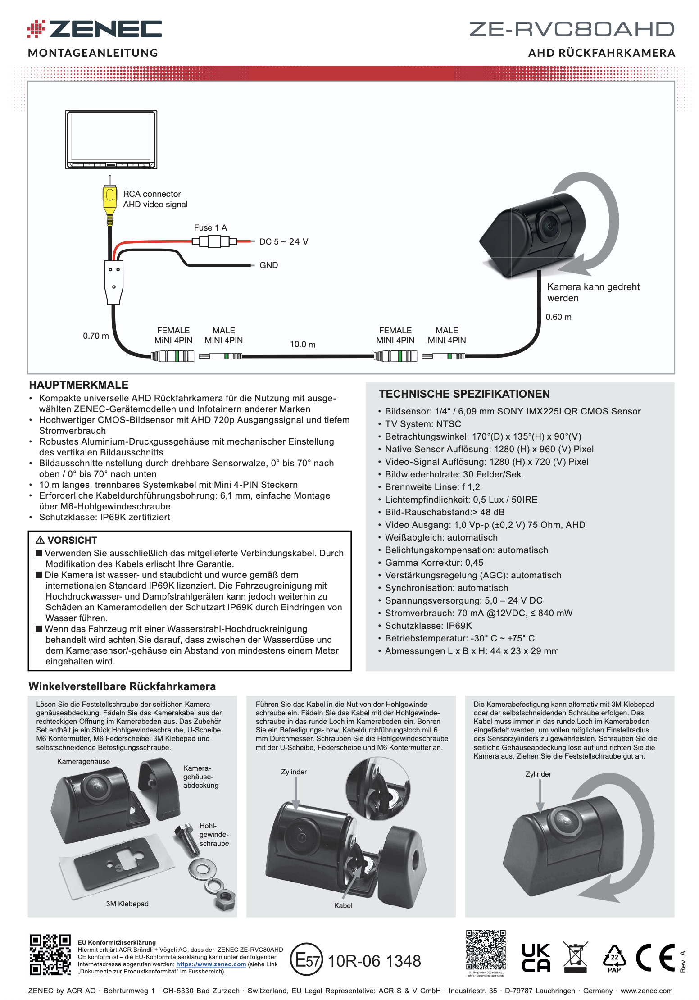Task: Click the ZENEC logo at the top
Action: (x=94, y=29)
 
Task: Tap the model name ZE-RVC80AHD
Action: (x=572, y=29)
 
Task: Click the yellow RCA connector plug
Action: (x=109, y=200)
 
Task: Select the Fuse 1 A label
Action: (x=210, y=228)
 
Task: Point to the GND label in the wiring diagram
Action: (x=268, y=265)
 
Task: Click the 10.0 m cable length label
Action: (x=303, y=345)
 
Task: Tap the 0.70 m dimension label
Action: (x=96, y=336)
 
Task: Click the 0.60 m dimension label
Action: (x=558, y=317)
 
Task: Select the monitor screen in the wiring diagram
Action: (x=111, y=137)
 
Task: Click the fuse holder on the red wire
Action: (x=214, y=242)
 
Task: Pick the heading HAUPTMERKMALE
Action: (x=79, y=385)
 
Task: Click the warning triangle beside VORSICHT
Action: (x=40, y=540)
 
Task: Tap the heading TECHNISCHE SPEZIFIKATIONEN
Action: (x=464, y=394)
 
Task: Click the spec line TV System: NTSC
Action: (x=423, y=424)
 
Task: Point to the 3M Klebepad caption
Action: (x=127, y=904)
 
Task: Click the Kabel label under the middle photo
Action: (x=343, y=905)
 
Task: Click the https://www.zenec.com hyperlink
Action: (x=211, y=964)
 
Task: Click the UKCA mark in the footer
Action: (x=536, y=958)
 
